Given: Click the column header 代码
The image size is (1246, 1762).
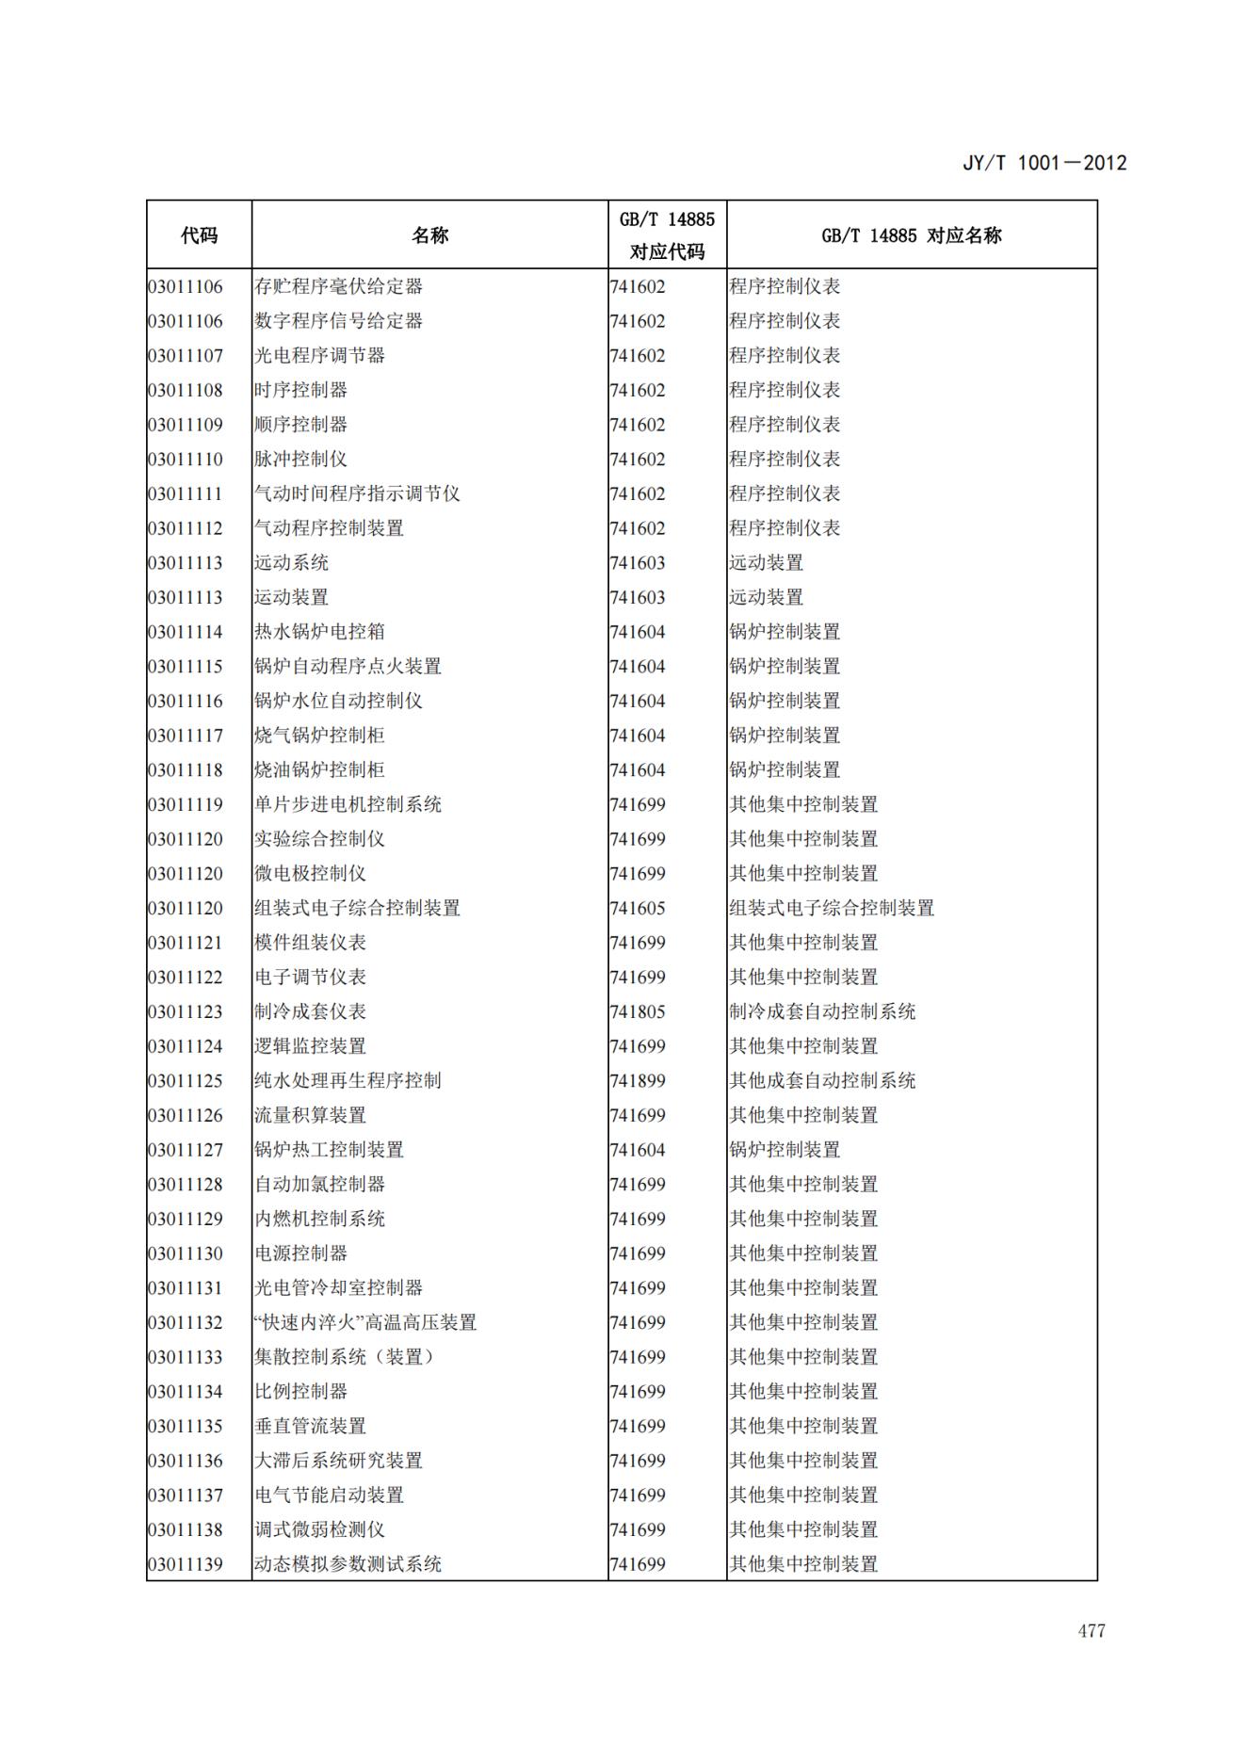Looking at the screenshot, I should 199,235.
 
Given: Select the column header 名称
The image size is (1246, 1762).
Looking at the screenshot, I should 429,235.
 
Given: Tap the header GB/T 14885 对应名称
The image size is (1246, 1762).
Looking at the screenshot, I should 911,235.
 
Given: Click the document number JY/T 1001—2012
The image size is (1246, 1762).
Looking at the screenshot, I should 1044,163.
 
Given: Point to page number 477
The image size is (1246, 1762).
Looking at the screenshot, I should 1092,1630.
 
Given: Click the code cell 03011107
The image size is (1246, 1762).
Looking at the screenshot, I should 186,356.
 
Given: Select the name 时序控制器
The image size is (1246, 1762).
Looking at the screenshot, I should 300,390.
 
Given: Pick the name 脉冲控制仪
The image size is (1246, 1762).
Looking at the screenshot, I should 300,460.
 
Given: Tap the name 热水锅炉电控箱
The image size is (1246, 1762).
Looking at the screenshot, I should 319,632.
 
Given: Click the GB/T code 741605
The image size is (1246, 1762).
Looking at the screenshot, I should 638,909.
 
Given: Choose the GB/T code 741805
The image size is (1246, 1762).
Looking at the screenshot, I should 638,1012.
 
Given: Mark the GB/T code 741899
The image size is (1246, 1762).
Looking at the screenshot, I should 638,1081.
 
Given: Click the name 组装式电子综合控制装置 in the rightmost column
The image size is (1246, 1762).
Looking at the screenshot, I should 832,909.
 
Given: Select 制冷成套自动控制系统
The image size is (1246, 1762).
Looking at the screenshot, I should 822,1012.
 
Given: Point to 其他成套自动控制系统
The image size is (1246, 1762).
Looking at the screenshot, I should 822,1081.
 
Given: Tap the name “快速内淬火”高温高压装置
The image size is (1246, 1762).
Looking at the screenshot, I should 365,1323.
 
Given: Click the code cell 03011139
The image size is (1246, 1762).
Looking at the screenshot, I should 186,1565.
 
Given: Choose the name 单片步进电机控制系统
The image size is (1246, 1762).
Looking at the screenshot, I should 348,805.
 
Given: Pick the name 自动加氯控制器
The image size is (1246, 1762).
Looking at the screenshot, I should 319,1185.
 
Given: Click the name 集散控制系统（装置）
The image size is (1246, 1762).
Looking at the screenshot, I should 346,1357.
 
